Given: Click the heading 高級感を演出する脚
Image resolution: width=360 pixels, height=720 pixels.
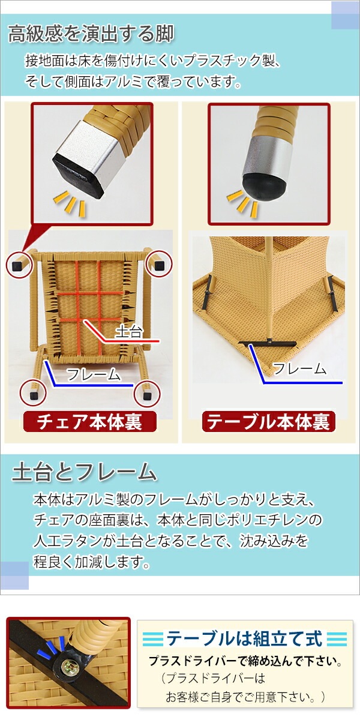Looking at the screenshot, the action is point(91,34).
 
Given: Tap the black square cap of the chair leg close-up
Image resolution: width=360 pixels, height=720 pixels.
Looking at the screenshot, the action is point(77,173).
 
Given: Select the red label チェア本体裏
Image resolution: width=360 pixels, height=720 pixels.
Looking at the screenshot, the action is point(89,422).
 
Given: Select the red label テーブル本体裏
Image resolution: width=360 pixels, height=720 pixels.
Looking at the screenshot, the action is point(268,422).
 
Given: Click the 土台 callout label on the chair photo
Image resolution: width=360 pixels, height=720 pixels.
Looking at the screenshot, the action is point(128,331).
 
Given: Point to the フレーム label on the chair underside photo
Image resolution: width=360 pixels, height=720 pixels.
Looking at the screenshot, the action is point(94,374).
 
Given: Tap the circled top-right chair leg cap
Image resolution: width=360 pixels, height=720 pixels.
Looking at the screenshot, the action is point(159,265).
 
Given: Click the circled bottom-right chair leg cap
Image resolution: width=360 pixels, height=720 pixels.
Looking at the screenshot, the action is point(147,395).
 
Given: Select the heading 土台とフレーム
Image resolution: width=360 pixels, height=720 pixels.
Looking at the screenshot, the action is point(85,472).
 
